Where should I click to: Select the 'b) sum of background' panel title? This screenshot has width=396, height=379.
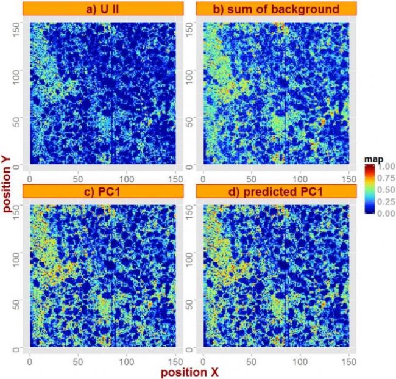point(276,8)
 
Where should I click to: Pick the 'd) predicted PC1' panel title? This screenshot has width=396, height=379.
point(276,190)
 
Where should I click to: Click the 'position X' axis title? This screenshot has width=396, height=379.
point(189,370)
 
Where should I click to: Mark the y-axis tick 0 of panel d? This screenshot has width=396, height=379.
point(193,347)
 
